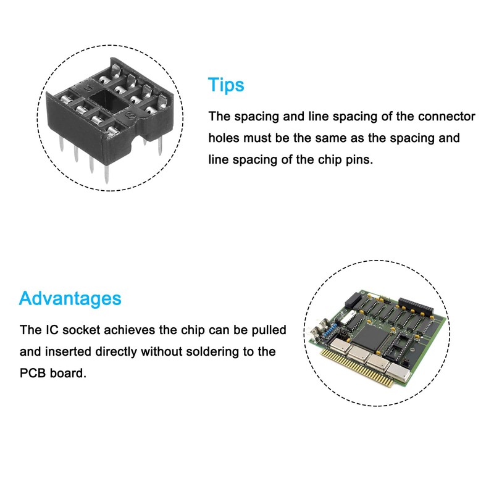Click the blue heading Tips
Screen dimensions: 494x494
tap(226, 85)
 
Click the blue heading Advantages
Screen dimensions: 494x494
tap(70, 299)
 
